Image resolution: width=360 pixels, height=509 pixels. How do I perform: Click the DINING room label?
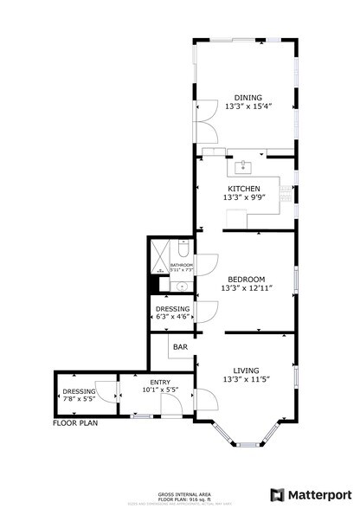coord(248,97)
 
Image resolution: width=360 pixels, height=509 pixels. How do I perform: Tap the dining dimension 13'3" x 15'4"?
coord(248,106)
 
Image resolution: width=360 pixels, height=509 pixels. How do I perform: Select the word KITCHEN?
coord(244,189)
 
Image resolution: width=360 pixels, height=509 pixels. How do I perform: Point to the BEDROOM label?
coord(246,279)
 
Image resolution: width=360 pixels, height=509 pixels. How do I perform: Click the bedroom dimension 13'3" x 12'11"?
coord(246,288)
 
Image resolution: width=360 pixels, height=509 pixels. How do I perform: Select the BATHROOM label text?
coord(181,265)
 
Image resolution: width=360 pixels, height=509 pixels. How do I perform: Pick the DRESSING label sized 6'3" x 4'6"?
coord(173,308)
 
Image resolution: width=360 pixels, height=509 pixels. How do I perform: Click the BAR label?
coord(180,347)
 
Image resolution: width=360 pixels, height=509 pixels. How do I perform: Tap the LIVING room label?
coord(246,370)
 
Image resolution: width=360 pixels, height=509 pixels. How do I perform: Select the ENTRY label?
coord(159,382)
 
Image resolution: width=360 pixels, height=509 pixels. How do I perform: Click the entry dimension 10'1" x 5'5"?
coord(159,390)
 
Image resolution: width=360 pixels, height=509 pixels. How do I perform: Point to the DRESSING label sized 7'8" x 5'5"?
coord(80,390)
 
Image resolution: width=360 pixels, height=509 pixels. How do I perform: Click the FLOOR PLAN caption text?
coord(75,423)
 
